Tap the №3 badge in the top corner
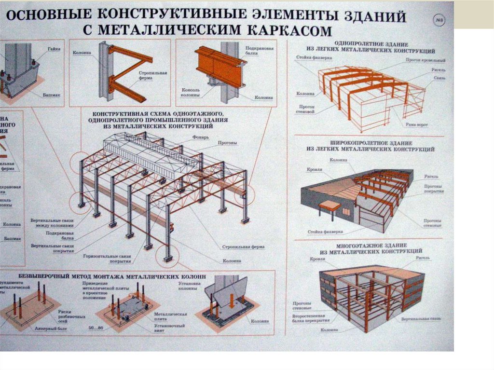tap(439, 21)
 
